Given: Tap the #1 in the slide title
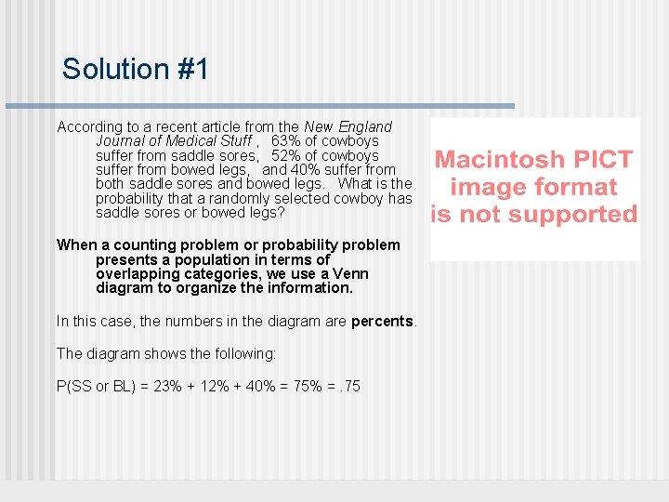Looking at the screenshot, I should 190,69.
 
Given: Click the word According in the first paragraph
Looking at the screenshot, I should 89,126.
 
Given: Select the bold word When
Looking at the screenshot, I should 76,245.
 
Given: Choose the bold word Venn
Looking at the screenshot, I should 350,274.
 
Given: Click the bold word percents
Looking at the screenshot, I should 383,322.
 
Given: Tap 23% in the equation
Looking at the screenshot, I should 167,386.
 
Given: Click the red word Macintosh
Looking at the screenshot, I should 500,160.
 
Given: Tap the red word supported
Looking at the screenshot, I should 575,215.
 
